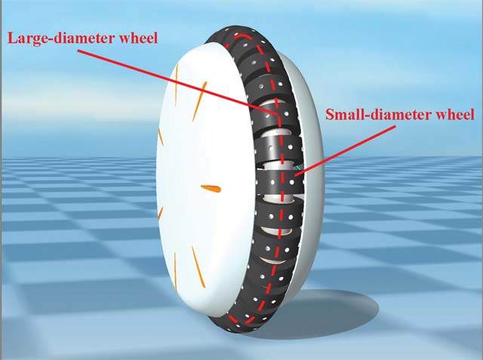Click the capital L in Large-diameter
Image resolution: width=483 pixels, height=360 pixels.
tap(12, 38)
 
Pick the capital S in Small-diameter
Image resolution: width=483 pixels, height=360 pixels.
tap(330, 115)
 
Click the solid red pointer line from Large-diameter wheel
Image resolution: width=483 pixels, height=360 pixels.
tap(178, 82)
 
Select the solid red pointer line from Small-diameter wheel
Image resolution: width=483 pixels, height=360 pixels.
tap(344, 151)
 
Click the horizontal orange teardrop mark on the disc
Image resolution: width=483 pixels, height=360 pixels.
tap(211, 188)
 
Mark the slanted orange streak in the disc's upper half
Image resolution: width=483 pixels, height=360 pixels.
tap(199, 101)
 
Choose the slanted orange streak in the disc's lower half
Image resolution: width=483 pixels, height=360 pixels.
tap(198, 266)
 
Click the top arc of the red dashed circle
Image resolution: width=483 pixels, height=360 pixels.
tap(243, 36)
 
